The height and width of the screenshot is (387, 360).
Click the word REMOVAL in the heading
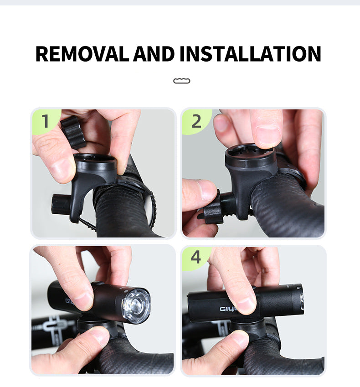click(82, 54)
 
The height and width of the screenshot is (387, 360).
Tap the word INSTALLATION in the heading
click(250, 54)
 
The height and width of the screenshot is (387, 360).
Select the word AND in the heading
click(154, 54)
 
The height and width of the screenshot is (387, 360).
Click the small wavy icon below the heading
click(182, 81)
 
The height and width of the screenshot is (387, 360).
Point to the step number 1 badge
click(46, 121)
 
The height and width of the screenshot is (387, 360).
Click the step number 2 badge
click(196, 121)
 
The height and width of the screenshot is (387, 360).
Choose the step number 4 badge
click(196, 258)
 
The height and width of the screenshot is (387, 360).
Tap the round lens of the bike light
click(136, 305)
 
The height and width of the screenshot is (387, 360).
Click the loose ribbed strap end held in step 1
click(73, 132)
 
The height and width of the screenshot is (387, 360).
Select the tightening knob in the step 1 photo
click(59, 204)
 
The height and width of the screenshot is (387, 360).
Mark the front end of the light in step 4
click(301, 300)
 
